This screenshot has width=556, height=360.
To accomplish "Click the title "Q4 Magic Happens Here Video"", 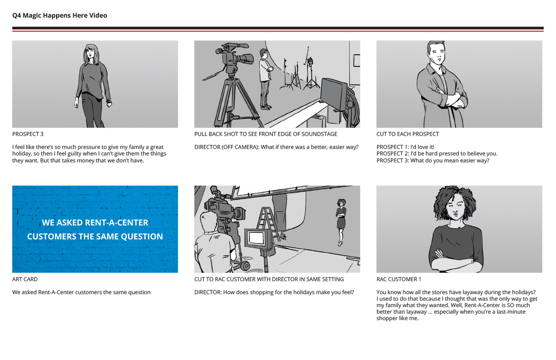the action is [x=59, y=15].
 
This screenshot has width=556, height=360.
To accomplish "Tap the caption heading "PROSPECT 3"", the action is [x=28, y=134].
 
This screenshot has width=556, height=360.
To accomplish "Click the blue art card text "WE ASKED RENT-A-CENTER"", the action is [x=95, y=222].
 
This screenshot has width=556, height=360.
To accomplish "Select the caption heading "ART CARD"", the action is [x=25, y=279].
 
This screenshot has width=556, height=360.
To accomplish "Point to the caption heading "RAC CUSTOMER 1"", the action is [x=399, y=279].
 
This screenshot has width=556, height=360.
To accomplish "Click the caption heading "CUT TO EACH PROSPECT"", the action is [x=408, y=134].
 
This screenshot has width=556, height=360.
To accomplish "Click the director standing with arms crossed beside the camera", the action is [x=264, y=79].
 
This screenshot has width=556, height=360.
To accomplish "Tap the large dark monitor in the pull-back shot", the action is [x=333, y=94].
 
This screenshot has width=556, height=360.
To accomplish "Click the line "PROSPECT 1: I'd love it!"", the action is [x=405, y=147].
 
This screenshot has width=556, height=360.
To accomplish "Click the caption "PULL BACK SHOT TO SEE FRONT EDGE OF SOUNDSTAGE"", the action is [x=266, y=134].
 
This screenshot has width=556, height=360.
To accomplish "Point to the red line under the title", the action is [x=278, y=31].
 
